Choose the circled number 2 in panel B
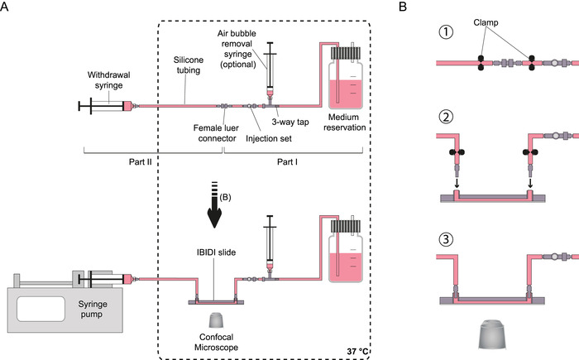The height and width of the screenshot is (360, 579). [x=447, y=116]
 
